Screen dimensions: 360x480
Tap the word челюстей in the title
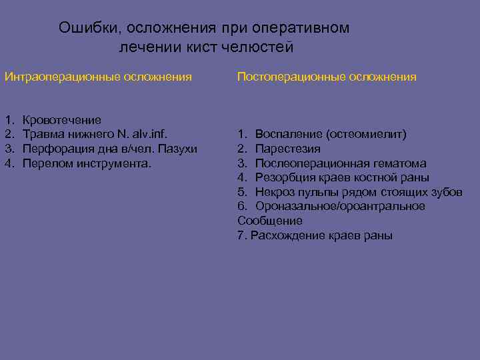tap(261, 48)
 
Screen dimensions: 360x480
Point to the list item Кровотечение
tap(62, 120)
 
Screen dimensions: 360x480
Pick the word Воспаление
tap(287, 134)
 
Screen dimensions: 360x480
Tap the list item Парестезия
tap(287, 149)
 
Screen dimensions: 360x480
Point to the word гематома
tap(397, 163)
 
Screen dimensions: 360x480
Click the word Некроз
tap(275, 192)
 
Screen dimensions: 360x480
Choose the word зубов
tap(445, 192)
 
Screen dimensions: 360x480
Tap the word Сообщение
tap(270, 221)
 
